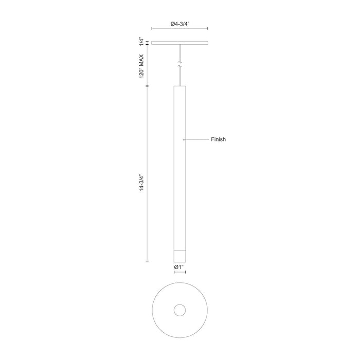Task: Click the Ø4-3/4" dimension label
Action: point(180,24)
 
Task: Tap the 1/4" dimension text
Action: point(141,42)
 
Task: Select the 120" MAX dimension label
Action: point(141,66)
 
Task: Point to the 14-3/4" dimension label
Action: point(141,183)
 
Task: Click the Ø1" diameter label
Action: point(179,267)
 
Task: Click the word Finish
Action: point(219,139)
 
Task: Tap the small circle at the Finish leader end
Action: point(184,139)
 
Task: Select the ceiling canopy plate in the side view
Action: point(180,43)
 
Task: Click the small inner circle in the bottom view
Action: point(180,311)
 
